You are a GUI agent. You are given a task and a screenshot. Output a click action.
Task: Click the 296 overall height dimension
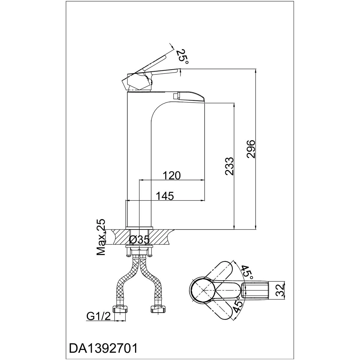coord(250,149)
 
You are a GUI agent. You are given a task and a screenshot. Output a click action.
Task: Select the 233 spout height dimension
coord(229,166)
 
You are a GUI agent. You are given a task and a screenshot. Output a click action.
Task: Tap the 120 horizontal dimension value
coord(171,175)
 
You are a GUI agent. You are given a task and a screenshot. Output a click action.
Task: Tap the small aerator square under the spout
coord(176,96)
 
